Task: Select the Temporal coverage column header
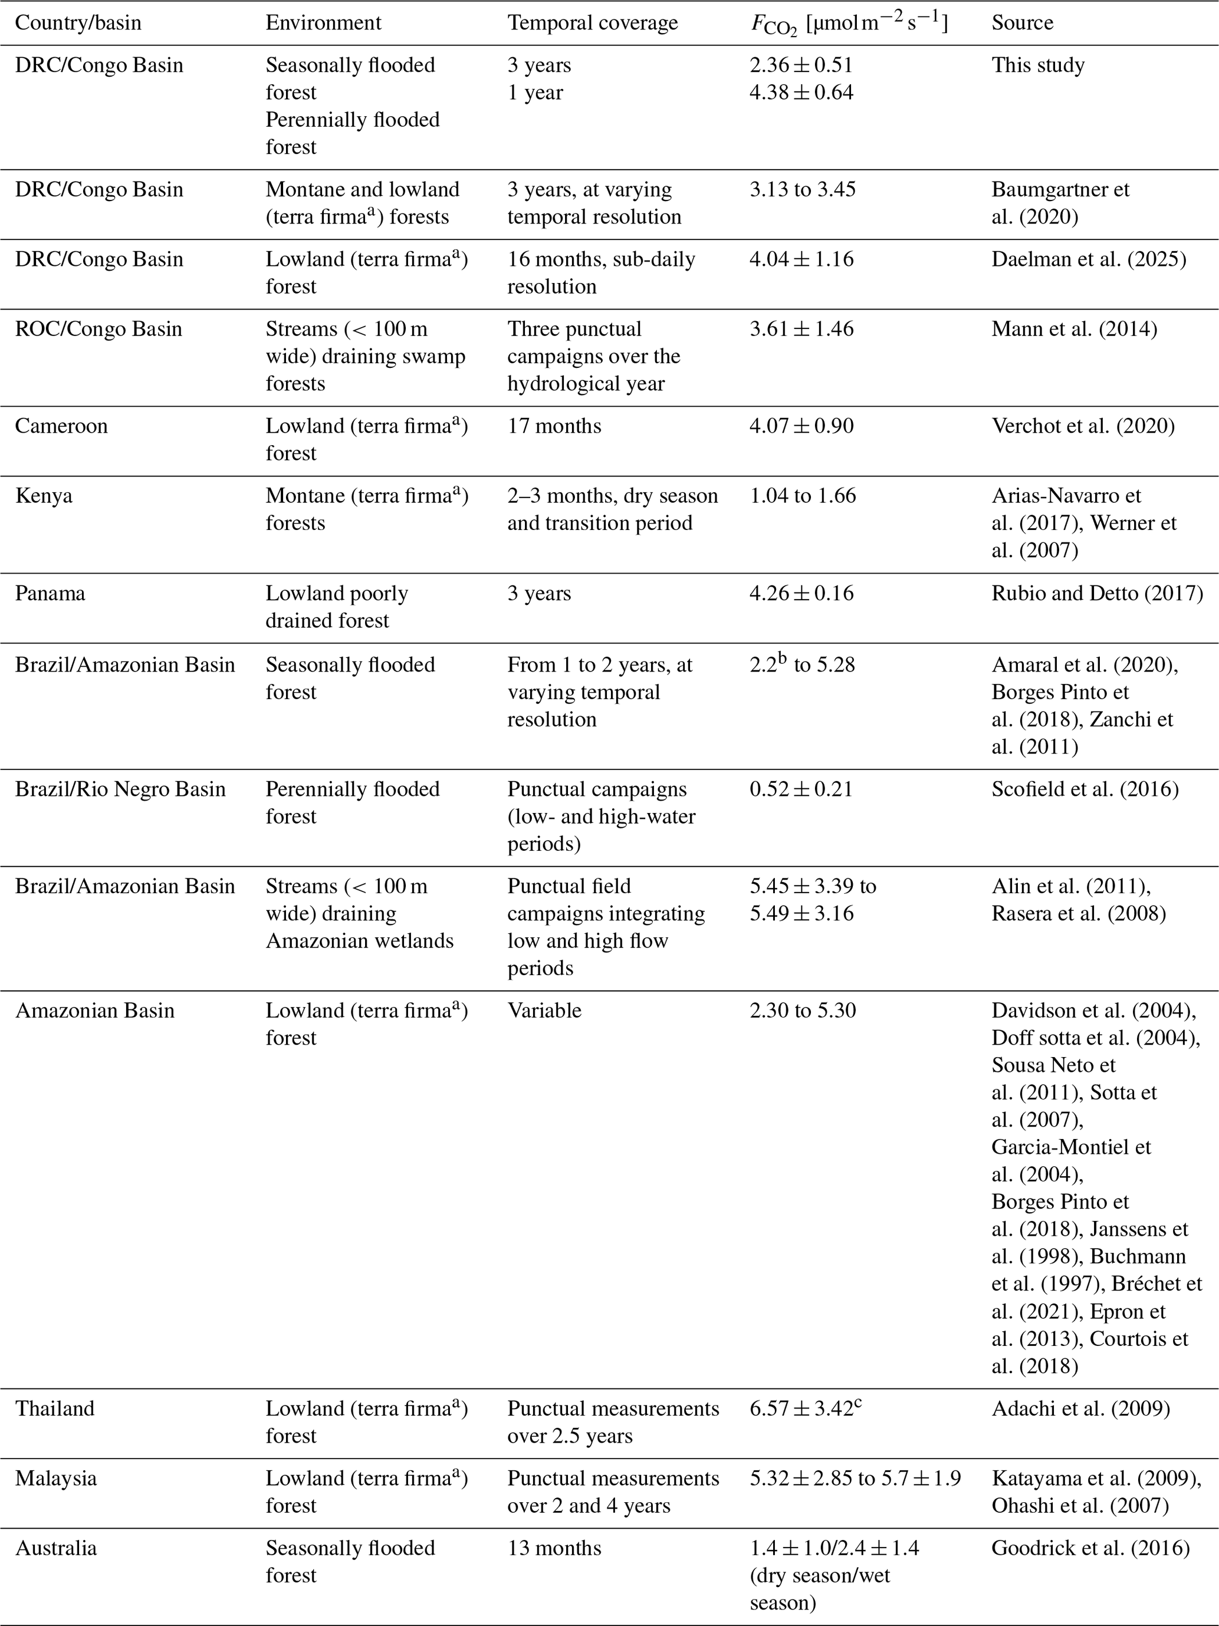(592, 23)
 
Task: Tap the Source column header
(1022, 23)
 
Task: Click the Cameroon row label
(61, 426)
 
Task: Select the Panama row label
(50, 593)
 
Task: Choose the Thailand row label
(54, 1408)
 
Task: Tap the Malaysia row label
(56, 1478)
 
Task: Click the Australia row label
(56, 1548)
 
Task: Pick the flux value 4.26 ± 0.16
(801, 593)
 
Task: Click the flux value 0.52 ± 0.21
(801, 789)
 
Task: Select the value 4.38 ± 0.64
(801, 93)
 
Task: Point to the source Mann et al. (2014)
(1073, 330)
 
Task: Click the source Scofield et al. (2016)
(1085, 789)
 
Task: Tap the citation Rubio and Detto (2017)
(1097, 593)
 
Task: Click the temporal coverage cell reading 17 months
(554, 426)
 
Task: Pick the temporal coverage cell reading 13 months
(554, 1548)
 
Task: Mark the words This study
(1037, 65)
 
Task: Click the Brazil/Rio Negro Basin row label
(120, 789)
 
